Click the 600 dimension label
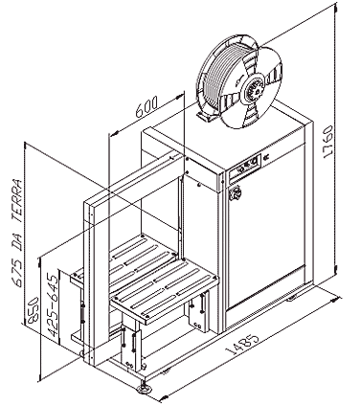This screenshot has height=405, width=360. (146, 107)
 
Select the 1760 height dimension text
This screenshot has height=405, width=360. (327, 142)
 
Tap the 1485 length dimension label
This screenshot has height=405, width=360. (242, 345)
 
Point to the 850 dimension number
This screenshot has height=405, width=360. (33, 310)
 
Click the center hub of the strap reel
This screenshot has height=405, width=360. (253, 88)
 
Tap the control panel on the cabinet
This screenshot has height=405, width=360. (245, 167)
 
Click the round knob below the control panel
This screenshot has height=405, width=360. (236, 193)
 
